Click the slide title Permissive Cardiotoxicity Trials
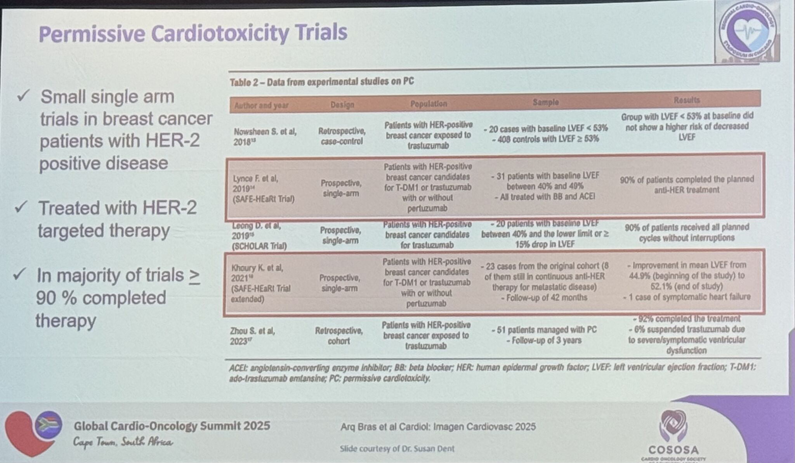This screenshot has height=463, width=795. (193, 33)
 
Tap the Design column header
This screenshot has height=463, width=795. (342, 105)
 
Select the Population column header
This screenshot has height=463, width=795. (429, 104)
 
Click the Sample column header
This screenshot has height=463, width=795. (545, 102)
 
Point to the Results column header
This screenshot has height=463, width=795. (686, 100)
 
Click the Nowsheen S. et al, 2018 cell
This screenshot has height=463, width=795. (265, 137)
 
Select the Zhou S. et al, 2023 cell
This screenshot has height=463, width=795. (253, 336)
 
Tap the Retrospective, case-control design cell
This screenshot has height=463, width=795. (342, 136)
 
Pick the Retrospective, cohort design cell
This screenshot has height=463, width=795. (339, 336)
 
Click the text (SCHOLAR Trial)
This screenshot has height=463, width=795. (259, 246)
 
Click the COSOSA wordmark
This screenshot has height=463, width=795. (673, 450)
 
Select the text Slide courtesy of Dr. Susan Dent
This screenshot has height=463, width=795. (397, 449)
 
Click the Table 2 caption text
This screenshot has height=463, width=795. (322, 82)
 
